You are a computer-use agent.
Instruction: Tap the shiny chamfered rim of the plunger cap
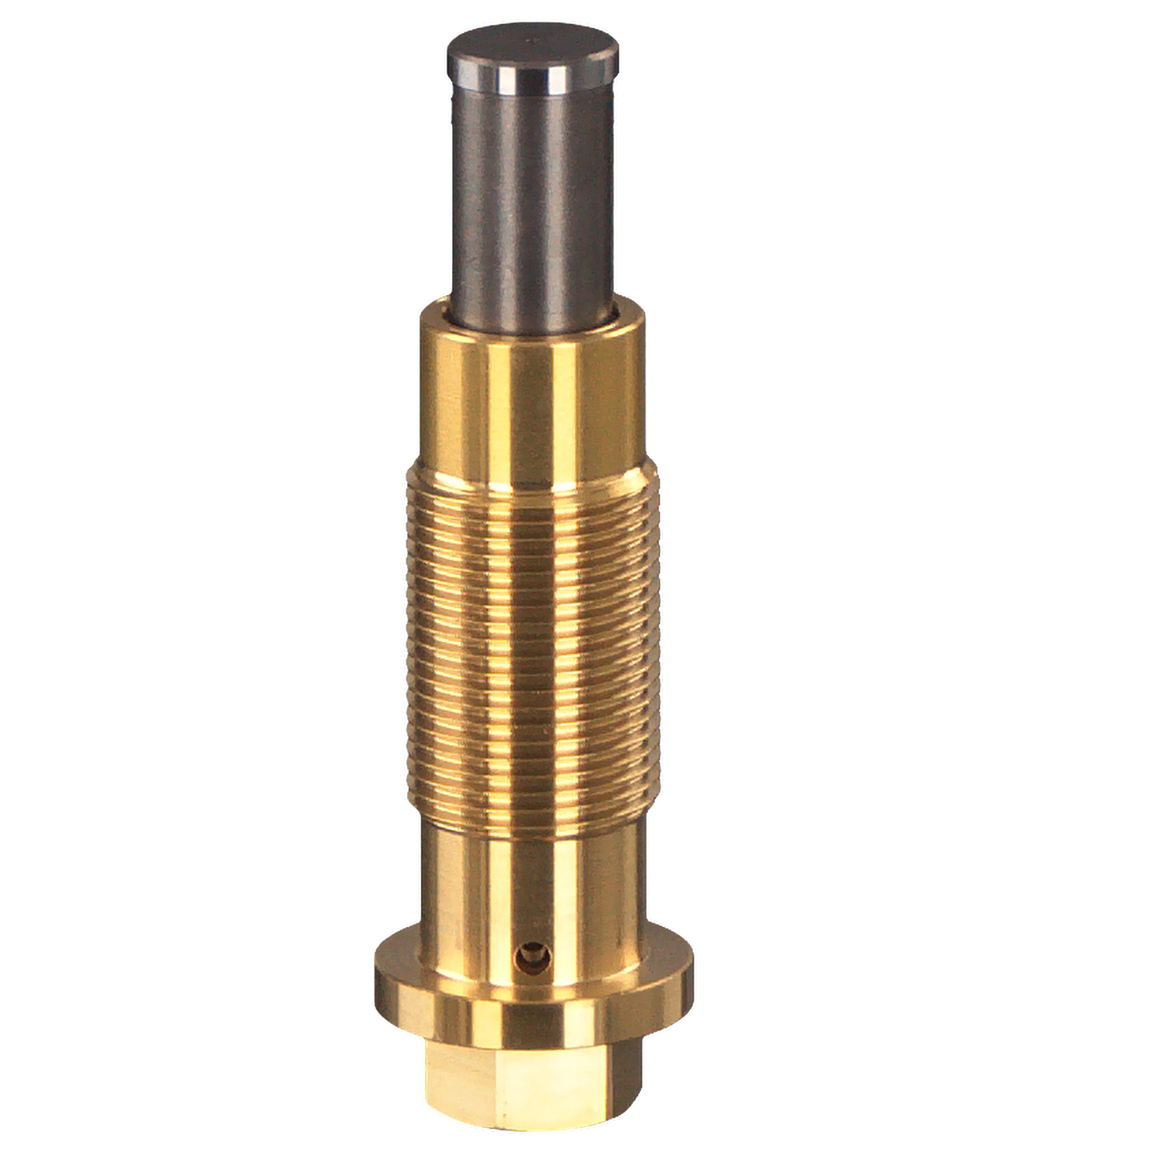pyautogui.click(x=533, y=77)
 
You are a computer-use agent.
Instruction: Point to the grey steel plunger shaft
pyautogui.click(x=533, y=193)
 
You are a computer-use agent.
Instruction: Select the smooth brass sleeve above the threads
pyautogui.click(x=533, y=394)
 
